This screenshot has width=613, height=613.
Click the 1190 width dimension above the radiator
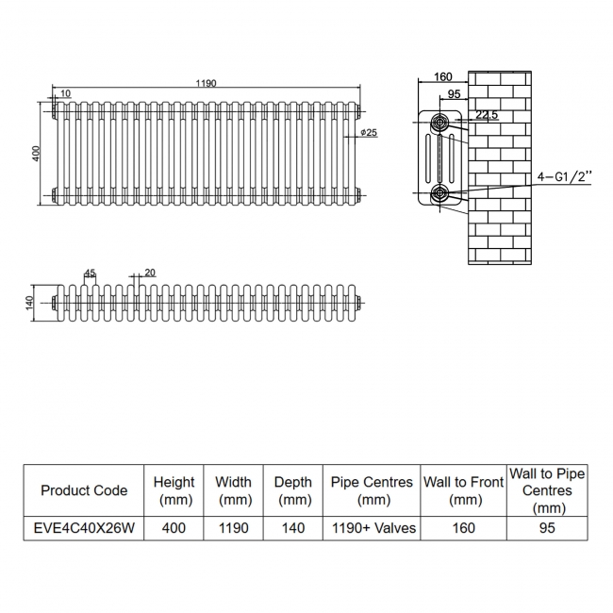pyautogui.click(x=206, y=83)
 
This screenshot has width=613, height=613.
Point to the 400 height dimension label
pyautogui.click(x=36, y=153)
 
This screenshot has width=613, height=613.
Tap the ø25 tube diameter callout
pyautogui.click(x=369, y=133)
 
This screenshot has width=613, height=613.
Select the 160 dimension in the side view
pyautogui.click(x=443, y=76)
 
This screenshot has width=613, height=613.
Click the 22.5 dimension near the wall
pyautogui.click(x=487, y=114)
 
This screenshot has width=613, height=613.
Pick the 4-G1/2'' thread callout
pyautogui.click(x=564, y=176)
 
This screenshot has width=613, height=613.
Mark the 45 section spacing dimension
pyautogui.click(x=90, y=273)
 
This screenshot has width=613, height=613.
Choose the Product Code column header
pyautogui.click(x=84, y=490)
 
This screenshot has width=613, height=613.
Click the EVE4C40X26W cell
pyautogui.click(x=84, y=528)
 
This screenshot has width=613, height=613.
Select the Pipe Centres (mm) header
pyautogui.click(x=372, y=490)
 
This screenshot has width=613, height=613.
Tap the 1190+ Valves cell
pyautogui.click(x=373, y=528)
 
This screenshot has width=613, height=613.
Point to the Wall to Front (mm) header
pyautogui.click(x=464, y=490)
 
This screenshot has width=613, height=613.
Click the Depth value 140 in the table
pyautogui.click(x=292, y=528)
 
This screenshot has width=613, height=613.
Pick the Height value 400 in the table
pyautogui.click(x=174, y=528)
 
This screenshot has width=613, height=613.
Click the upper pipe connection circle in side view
pyautogui.click(x=440, y=123)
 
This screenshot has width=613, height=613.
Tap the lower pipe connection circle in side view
pyautogui.click(x=440, y=192)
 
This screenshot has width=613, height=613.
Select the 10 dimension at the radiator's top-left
pyautogui.click(x=65, y=93)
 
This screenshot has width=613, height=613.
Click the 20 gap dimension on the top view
pyautogui.click(x=150, y=273)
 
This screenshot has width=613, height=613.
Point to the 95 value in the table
pyautogui.click(x=547, y=528)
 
